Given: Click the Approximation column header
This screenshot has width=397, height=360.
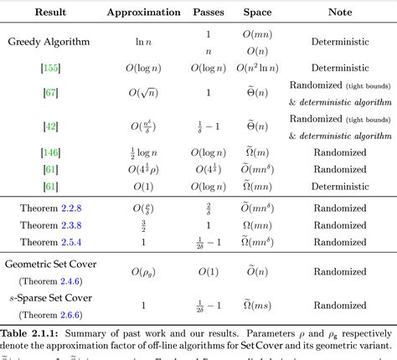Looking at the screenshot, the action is (x=143, y=13).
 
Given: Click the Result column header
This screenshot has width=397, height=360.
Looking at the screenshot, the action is (x=51, y=13).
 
